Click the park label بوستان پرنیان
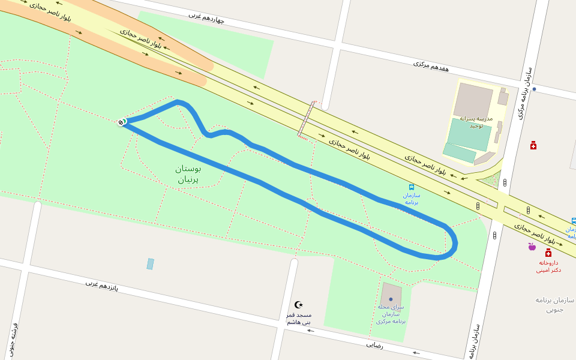[x=188, y=173]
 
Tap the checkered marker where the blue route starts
[x=121, y=122]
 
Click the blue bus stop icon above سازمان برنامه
[x=411, y=187]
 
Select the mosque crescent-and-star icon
[x=299, y=305]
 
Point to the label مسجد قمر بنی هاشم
[x=298, y=319]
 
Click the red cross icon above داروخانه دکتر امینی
[x=548, y=253]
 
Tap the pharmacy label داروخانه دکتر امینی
[x=548, y=266]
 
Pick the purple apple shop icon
[x=532, y=246]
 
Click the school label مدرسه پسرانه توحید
[x=476, y=122]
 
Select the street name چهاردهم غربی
[x=206, y=17]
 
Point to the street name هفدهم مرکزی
[x=431, y=65]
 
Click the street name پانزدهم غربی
[x=101, y=286]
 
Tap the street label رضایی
[x=374, y=346]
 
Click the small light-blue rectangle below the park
[x=150, y=264]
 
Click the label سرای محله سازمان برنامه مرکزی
[x=391, y=314]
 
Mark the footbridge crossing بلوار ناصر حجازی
[x=307, y=119]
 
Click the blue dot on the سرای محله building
[x=391, y=299]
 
